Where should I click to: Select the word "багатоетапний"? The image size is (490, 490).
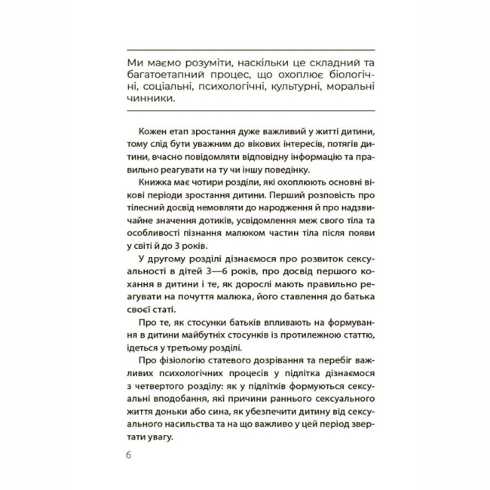click(163, 78)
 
